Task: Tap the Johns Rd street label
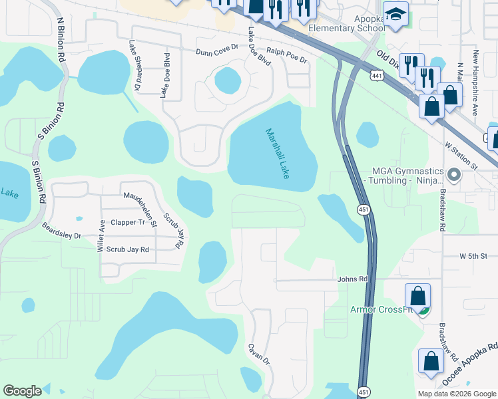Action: [x=352, y=279]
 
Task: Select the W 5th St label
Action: [x=473, y=256]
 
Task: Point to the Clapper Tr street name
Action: [x=128, y=222]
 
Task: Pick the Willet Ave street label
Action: [x=101, y=237]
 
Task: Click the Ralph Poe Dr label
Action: [x=286, y=55]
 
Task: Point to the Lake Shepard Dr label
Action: [x=135, y=65]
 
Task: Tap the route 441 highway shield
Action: [x=377, y=76]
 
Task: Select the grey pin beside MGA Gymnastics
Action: [x=455, y=176]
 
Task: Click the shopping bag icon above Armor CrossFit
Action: [x=417, y=295]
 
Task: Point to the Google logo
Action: [x=22, y=391]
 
